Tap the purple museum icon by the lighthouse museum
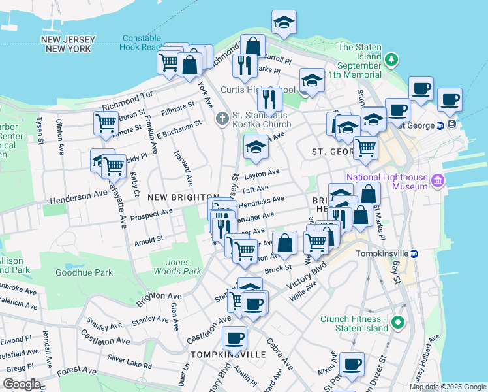437,180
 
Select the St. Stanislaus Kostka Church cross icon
222,119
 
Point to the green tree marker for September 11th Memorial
391,60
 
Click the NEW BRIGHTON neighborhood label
182,197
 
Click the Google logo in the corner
22,384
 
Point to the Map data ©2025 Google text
448,387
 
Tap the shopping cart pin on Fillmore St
105,123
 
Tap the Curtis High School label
249,90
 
